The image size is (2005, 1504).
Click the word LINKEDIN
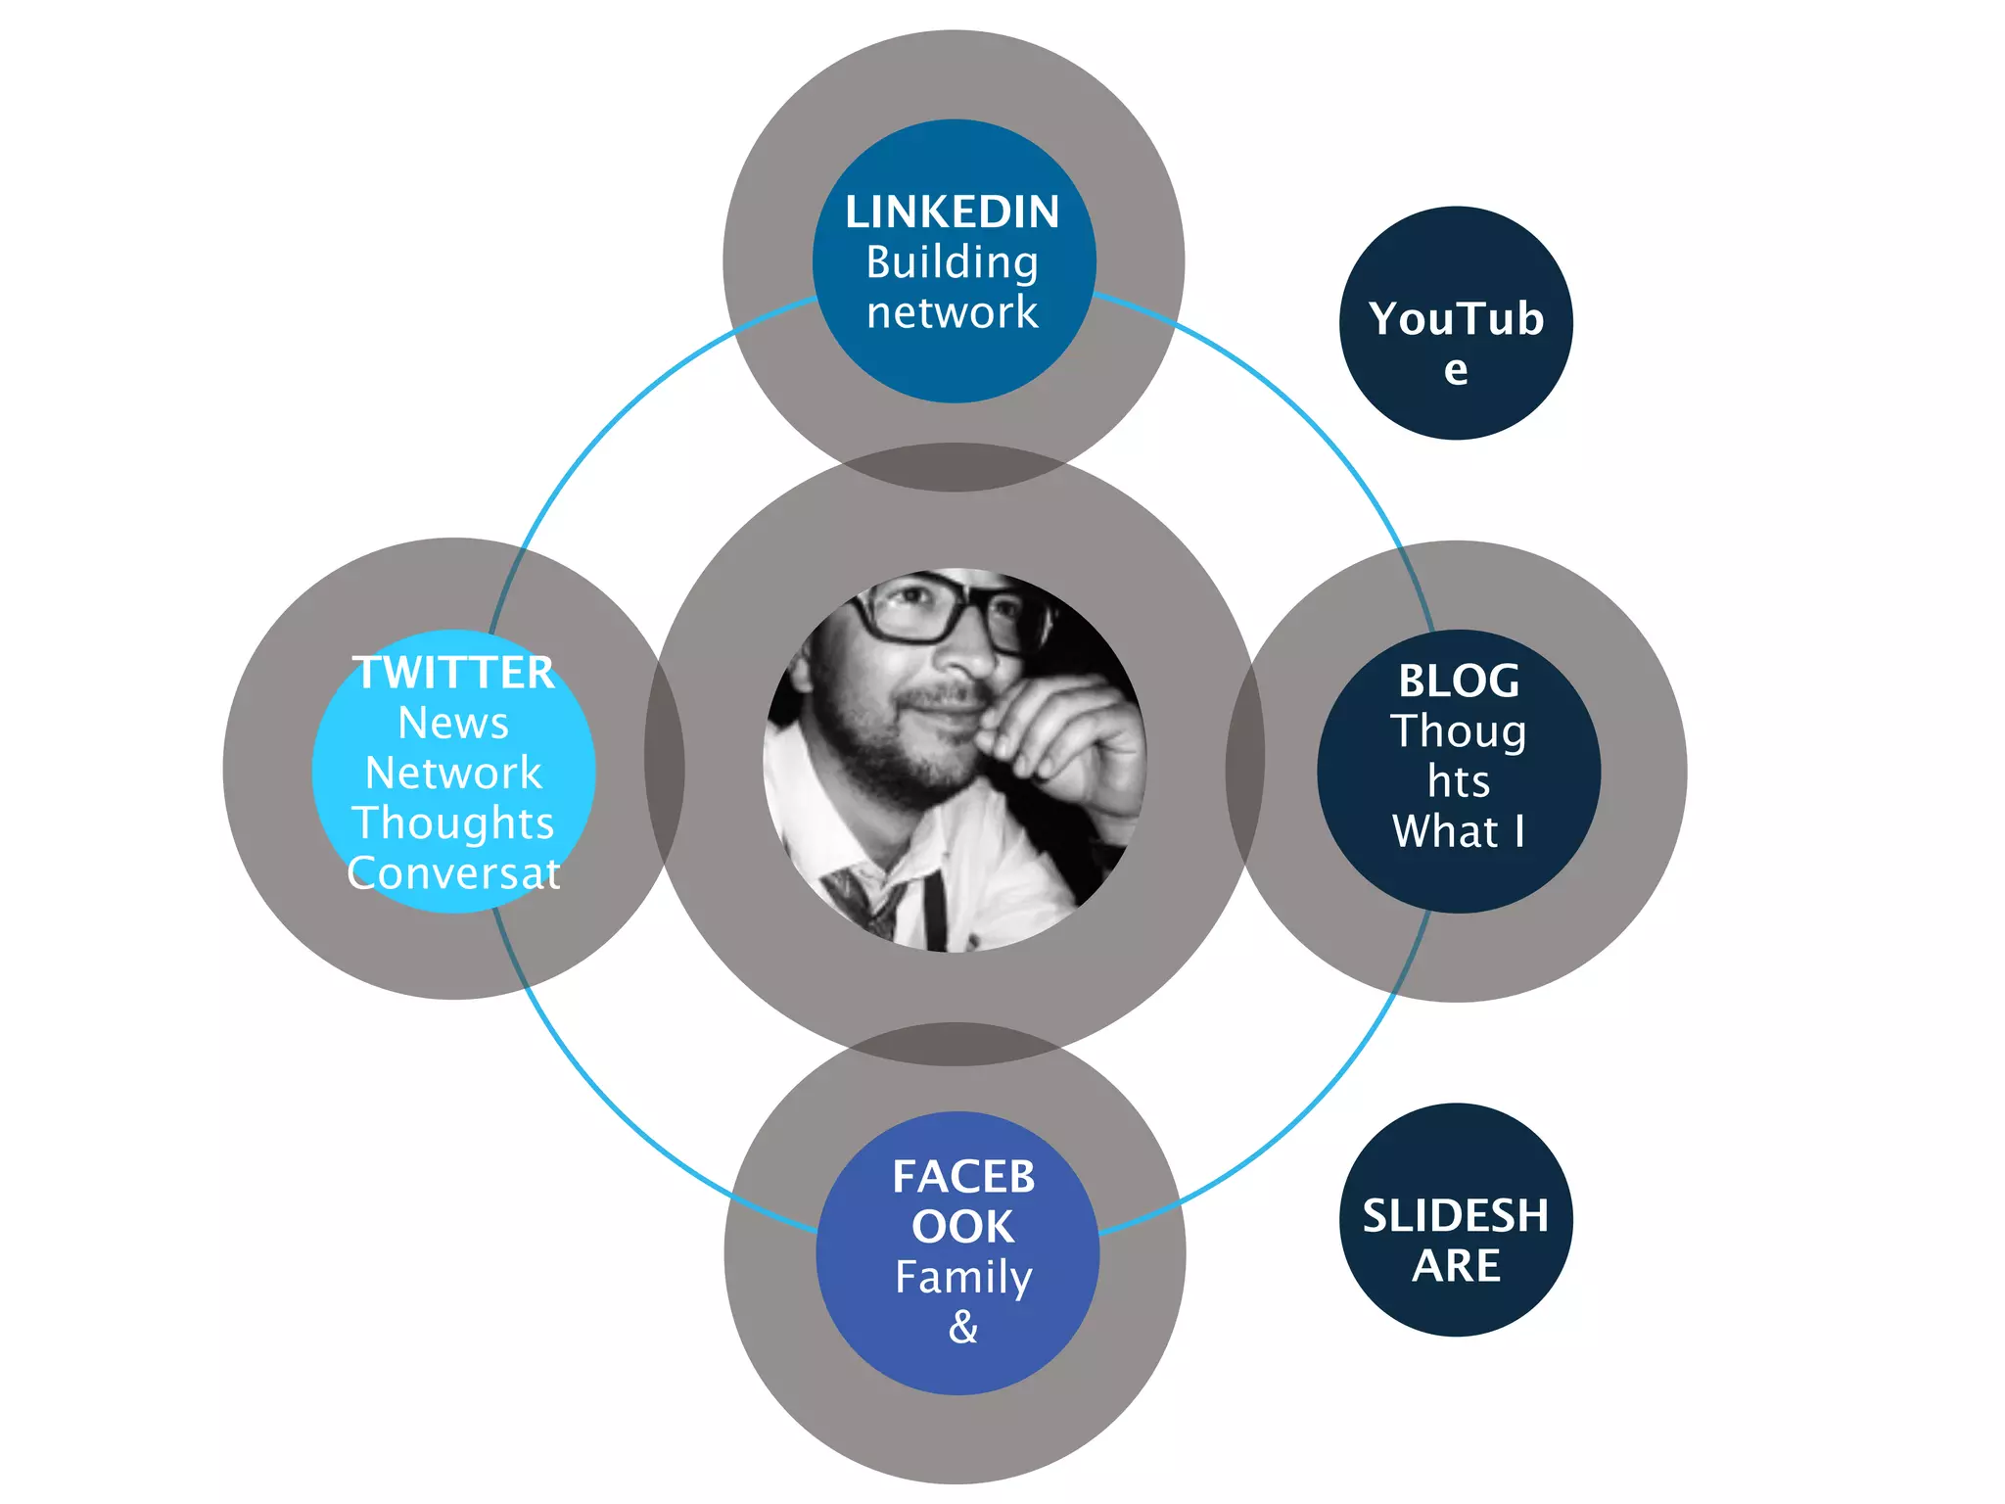coord(952,212)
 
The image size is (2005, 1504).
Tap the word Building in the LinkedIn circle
coord(952,262)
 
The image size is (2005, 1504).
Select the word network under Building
coord(952,312)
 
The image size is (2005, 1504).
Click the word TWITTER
coord(453,673)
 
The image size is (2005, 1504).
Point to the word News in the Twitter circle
coord(453,724)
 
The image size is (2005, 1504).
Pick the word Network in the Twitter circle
coord(453,774)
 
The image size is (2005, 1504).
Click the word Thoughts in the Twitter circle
coord(453,823)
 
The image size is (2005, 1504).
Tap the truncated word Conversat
coord(453,873)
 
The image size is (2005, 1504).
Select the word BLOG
coord(1458,681)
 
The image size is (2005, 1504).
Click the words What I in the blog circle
coord(1458,831)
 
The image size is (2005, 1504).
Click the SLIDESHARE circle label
coord(1456,1240)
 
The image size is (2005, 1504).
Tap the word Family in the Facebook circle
coord(963,1277)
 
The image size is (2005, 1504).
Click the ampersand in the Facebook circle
coord(963,1328)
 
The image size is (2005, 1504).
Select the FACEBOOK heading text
coord(963,1201)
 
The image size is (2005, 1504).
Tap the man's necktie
coord(862,896)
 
